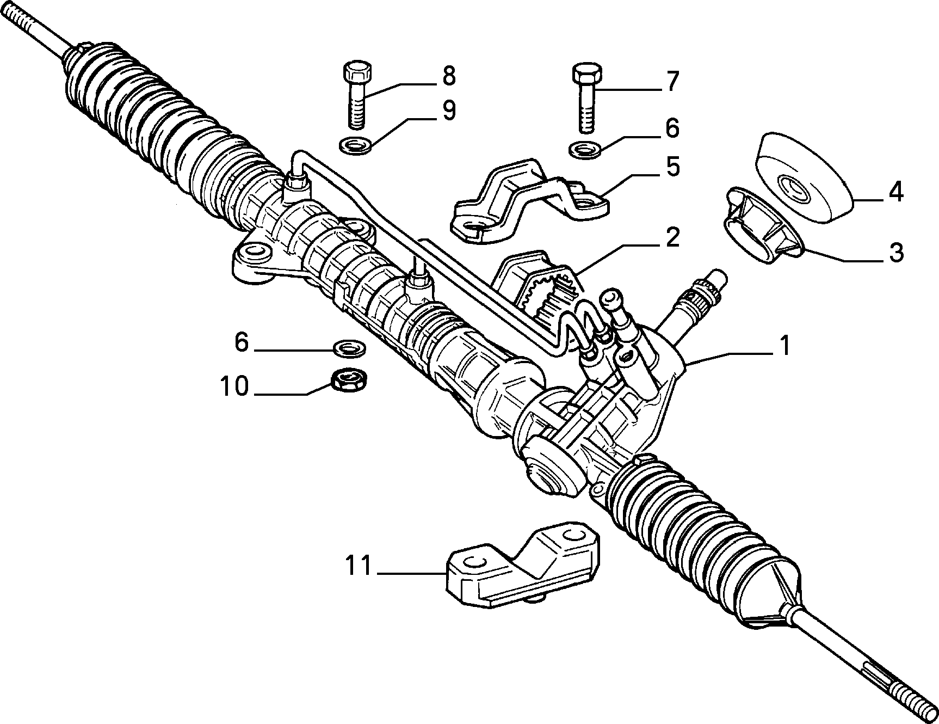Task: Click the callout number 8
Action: coord(448,76)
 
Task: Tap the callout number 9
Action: coord(448,111)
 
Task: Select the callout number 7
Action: coord(672,82)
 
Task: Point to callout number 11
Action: coord(359,566)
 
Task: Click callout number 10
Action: coord(234,387)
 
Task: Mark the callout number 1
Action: coord(784,346)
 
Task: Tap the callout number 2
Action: coord(672,238)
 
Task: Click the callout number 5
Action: coord(672,167)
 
